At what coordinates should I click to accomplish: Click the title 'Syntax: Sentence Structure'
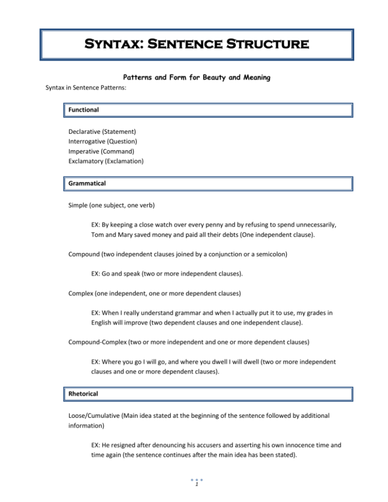pyautogui.click(x=194, y=39)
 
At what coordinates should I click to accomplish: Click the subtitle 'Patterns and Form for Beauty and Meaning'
pyautogui.click(x=194, y=79)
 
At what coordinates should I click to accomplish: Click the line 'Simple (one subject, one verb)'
pyautogui.click(x=114, y=206)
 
